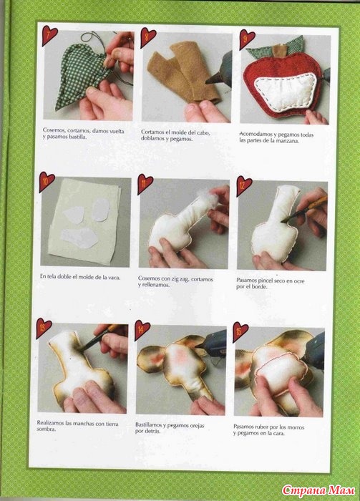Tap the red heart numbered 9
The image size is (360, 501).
pos(247,39)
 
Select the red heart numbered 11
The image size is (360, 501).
pos(145,183)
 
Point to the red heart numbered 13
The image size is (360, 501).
pos(44,328)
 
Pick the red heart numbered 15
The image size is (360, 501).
pos(240,331)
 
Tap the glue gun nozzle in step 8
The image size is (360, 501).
pos(213,78)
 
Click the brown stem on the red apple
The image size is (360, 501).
pos(280,51)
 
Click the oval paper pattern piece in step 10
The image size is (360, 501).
pos(101,210)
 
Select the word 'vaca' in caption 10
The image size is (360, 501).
pos(113,278)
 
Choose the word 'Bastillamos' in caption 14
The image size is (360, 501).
pos(148,425)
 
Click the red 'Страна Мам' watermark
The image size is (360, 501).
pos(318,490)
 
